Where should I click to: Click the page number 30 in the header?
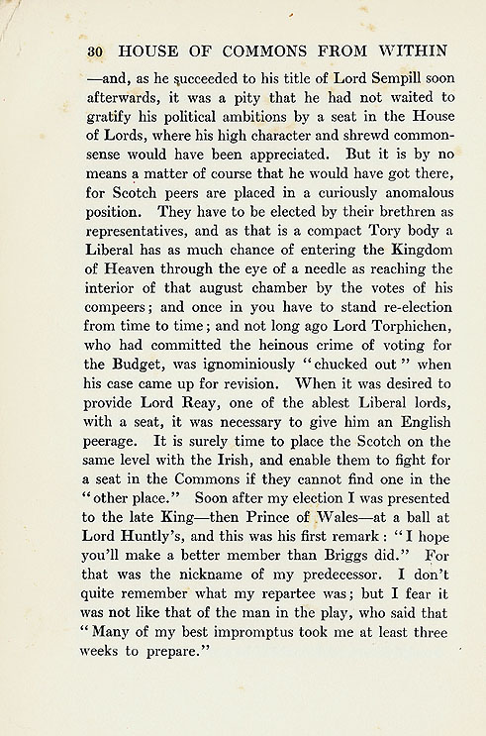96,50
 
